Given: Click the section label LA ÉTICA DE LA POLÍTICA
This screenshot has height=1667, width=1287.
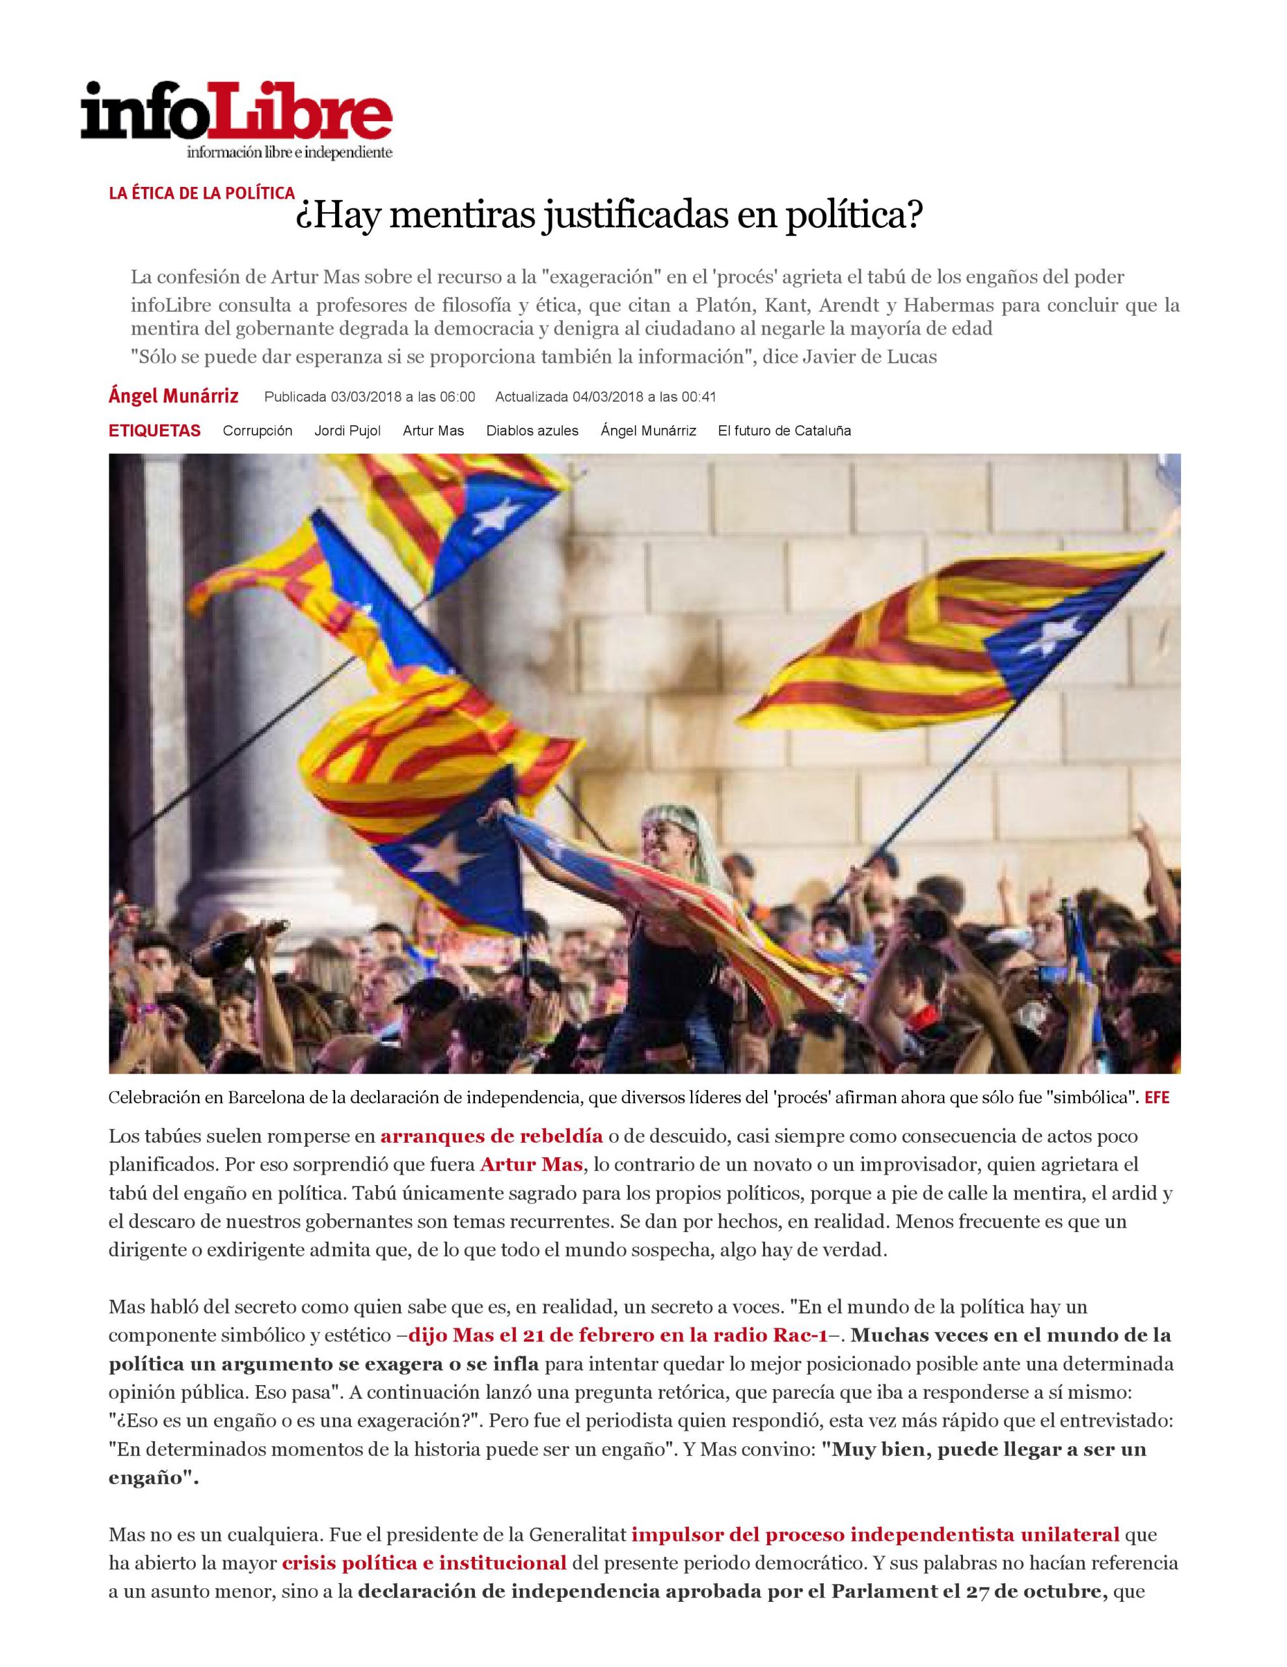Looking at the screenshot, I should (x=202, y=193).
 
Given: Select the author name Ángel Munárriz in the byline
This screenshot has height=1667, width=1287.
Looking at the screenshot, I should (x=173, y=396).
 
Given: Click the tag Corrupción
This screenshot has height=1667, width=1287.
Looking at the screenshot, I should (x=257, y=430).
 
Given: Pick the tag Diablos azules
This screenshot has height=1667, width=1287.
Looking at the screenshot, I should (x=532, y=430).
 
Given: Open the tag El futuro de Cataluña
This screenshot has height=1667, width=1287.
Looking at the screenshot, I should (x=783, y=430).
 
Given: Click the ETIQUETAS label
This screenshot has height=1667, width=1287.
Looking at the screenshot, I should (x=154, y=430).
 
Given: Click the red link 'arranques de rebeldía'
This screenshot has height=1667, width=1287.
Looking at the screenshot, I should (x=491, y=1136).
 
